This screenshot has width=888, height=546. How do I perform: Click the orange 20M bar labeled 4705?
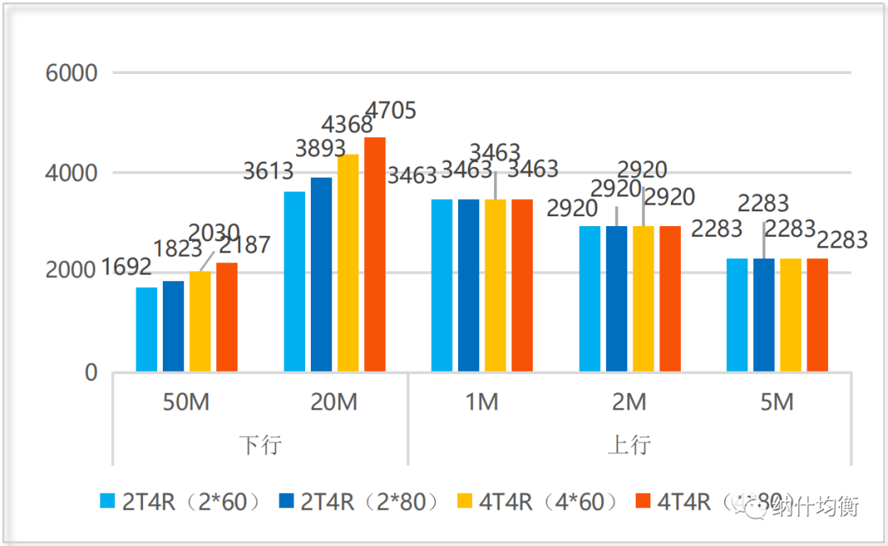click(x=375, y=255)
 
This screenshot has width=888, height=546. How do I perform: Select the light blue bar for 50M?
click(x=146, y=330)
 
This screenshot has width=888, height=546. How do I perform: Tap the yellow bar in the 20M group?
click(x=348, y=263)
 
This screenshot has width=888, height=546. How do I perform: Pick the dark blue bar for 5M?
click(x=764, y=316)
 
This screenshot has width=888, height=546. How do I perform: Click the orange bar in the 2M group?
click(x=670, y=299)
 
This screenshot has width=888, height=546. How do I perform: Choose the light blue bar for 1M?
click(x=442, y=286)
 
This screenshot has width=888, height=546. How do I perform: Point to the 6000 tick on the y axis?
click(x=72, y=73)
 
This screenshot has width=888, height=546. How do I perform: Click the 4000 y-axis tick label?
click(x=72, y=174)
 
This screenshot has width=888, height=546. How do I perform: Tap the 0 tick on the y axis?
click(x=90, y=373)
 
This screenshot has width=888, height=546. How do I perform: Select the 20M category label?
click(x=334, y=402)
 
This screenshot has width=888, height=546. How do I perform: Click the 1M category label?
click(x=482, y=402)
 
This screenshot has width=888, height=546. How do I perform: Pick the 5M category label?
click(x=777, y=402)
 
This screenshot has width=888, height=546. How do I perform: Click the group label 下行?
click(x=260, y=445)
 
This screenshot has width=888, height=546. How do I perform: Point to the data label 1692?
click(x=126, y=267)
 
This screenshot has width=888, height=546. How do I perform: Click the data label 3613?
click(x=269, y=171)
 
